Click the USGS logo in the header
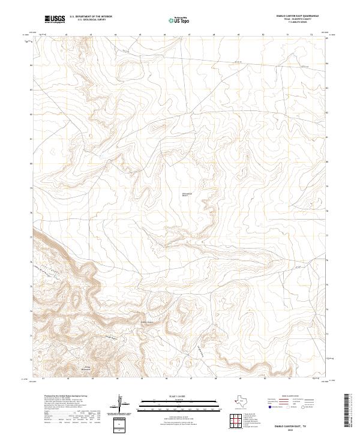pos(55,19)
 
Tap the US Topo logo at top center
pos(181,20)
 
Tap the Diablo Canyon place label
pos(148,322)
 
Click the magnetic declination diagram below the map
pos(121,403)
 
